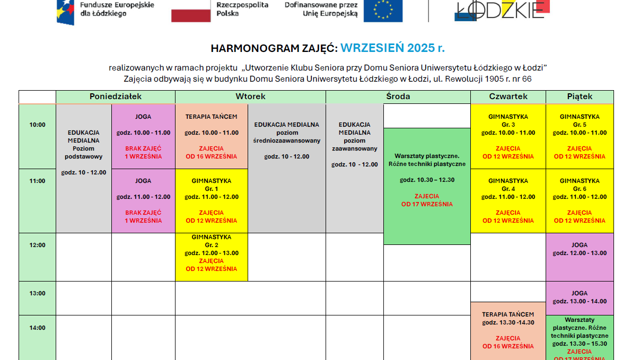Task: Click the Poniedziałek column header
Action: tap(116, 96)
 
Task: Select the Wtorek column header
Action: tap(250, 96)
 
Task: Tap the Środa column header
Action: tap(398, 96)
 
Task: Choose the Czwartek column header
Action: tap(508, 96)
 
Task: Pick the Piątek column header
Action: tap(580, 96)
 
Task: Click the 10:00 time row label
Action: tap(37, 125)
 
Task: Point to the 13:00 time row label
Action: tap(37, 293)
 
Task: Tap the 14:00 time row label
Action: tap(37, 328)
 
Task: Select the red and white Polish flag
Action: tap(191, 11)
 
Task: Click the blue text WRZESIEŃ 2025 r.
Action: tap(392, 48)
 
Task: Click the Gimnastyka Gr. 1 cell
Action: tap(212, 200)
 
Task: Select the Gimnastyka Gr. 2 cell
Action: tap(212, 257)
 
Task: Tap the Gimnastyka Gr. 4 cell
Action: tap(508, 200)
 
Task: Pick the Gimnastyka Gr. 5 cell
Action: tap(580, 136)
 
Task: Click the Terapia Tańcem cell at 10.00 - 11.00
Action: tap(212, 136)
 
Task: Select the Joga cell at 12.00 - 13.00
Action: tap(580, 257)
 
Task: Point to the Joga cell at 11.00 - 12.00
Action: tap(143, 200)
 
